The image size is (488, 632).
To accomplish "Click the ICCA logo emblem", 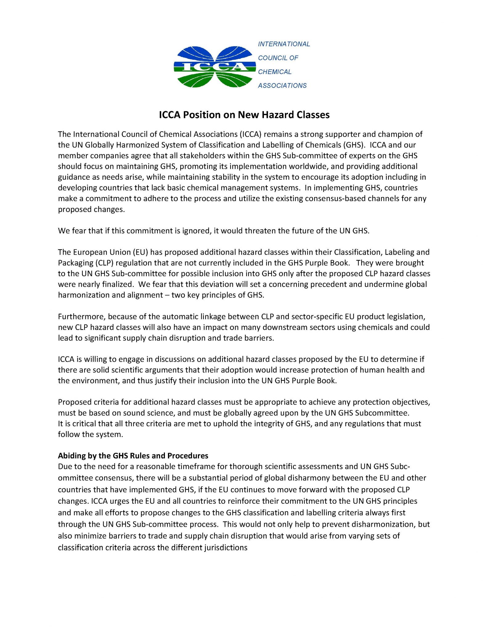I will [215, 67].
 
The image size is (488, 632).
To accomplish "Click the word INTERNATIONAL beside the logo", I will [284, 44].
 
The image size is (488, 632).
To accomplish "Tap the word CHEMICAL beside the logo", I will [274, 72].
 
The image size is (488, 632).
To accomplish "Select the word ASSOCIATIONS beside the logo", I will [282, 86].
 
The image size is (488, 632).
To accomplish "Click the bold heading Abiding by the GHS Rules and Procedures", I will [133, 456].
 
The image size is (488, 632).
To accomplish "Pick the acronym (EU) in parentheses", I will [141, 252].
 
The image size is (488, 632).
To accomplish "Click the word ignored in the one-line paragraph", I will [196, 231].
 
